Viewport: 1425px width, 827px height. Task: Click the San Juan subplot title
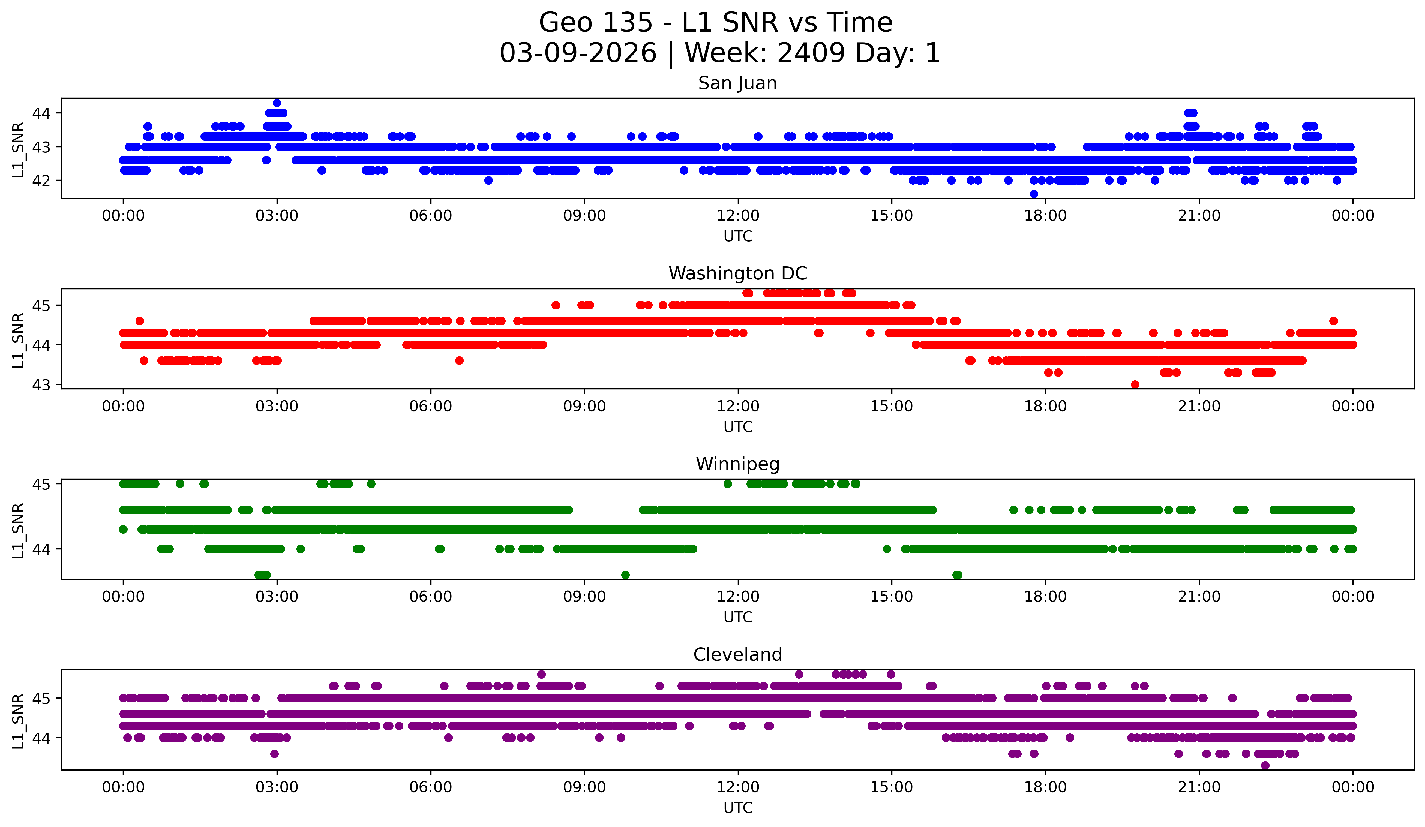[737, 83]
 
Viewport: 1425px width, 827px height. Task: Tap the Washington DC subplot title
[737, 273]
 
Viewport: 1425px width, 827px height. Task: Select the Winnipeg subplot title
[737, 464]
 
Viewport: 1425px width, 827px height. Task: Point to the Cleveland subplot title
[737, 655]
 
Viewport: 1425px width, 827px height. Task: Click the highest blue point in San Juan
[277, 103]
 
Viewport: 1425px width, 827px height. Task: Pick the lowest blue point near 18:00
[1034, 194]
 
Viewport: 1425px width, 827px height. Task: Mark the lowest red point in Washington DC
[1135, 384]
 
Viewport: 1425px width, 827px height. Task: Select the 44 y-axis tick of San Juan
[41, 113]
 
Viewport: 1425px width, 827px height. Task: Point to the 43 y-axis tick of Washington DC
[41, 384]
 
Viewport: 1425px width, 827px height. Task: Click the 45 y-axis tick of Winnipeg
[41, 484]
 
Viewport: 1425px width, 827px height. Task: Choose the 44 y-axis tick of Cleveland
[41, 738]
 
